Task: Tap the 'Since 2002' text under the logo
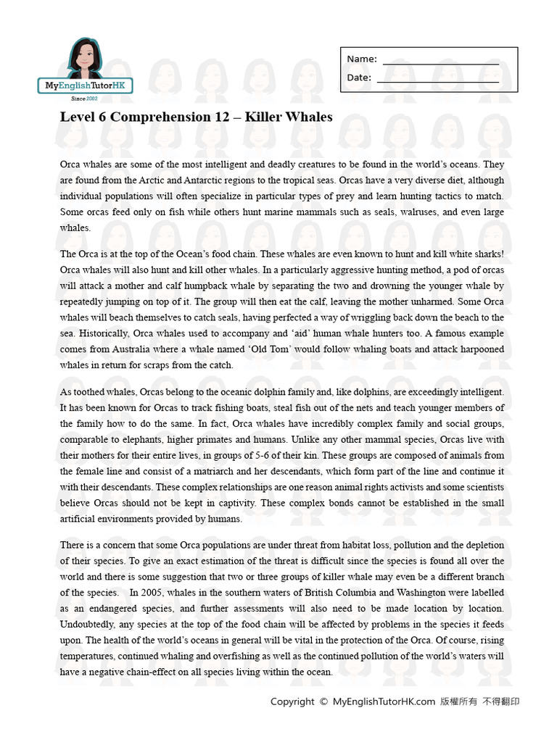click(x=84, y=99)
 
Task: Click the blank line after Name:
click(x=440, y=64)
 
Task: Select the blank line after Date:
click(x=437, y=82)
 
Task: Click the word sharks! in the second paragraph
click(x=487, y=254)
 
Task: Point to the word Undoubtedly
click(x=88, y=625)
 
